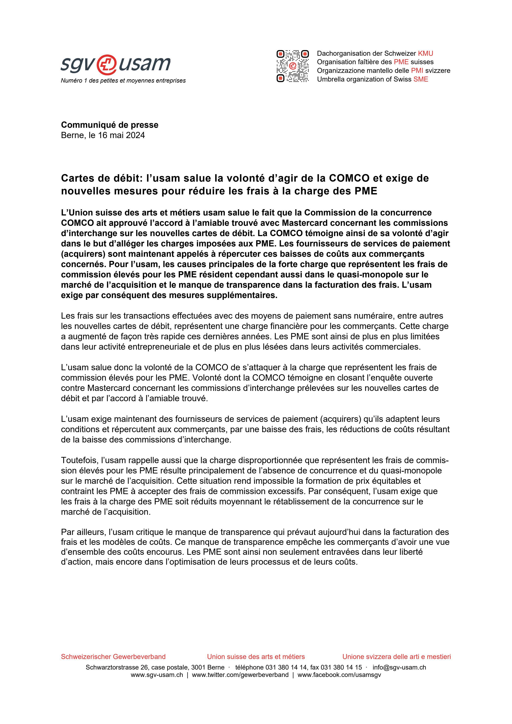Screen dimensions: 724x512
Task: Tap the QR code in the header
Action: click(x=292, y=66)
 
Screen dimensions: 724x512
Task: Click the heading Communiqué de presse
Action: click(x=109, y=125)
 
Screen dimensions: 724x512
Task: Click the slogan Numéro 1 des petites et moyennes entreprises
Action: click(x=123, y=81)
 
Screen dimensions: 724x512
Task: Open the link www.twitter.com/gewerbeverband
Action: click(x=240, y=675)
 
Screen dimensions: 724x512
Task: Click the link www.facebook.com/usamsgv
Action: click(x=339, y=675)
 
